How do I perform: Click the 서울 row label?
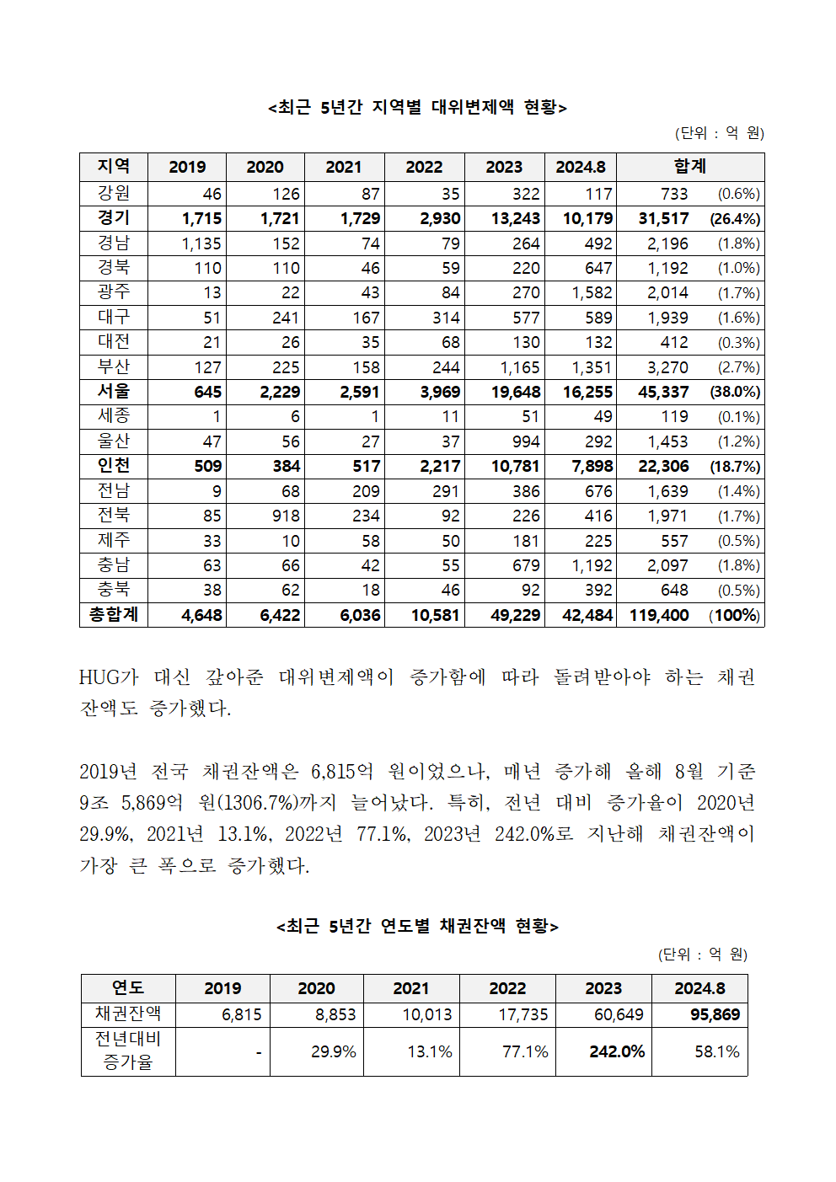click(114, 392)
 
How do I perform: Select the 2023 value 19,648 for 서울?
click(516, 393)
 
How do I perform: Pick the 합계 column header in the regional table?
click(689, 166)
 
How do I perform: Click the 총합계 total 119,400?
click(659, 615)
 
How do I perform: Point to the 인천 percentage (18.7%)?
click(735, 467)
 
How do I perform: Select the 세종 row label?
click(114, 416)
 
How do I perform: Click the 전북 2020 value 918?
click(286, 516)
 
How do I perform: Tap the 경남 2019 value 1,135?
click(201, 243)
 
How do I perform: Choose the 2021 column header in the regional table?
click(344, 167)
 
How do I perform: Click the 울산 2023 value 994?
click(526, 441)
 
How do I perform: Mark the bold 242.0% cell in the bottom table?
click(617, 1051)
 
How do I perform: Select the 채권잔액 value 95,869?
click(715, 1014)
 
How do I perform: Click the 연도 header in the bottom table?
click(128, 987)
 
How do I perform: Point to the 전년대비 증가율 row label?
click(128, 1051)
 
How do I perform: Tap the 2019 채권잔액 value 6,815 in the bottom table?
click(242, 1014)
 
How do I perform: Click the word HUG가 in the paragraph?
click(109, 677)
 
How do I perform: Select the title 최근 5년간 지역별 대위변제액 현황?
click(418, 107)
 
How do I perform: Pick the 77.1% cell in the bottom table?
click(525, 1051)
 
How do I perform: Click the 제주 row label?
click(114, 540)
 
